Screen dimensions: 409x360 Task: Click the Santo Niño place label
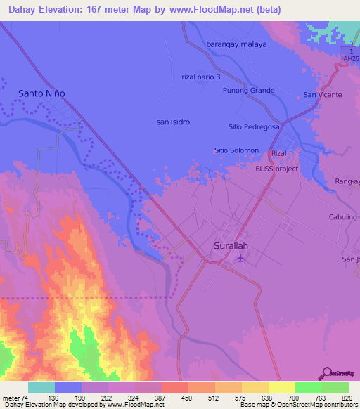41,93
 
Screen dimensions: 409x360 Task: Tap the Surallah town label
231,246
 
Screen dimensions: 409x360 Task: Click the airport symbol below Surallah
240,258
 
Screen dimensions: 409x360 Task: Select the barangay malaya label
236,44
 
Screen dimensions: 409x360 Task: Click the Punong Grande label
248,91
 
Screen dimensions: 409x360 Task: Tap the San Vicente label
322,94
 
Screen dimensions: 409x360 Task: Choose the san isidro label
173,122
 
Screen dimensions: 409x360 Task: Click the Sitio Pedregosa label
254,127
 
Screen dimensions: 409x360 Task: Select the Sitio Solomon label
236,150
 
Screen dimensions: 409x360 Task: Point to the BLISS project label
276,169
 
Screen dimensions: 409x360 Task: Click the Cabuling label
343,217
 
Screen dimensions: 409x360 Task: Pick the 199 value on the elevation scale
67,398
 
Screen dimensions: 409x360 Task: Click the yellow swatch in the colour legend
281,387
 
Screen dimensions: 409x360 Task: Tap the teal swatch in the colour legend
41,387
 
